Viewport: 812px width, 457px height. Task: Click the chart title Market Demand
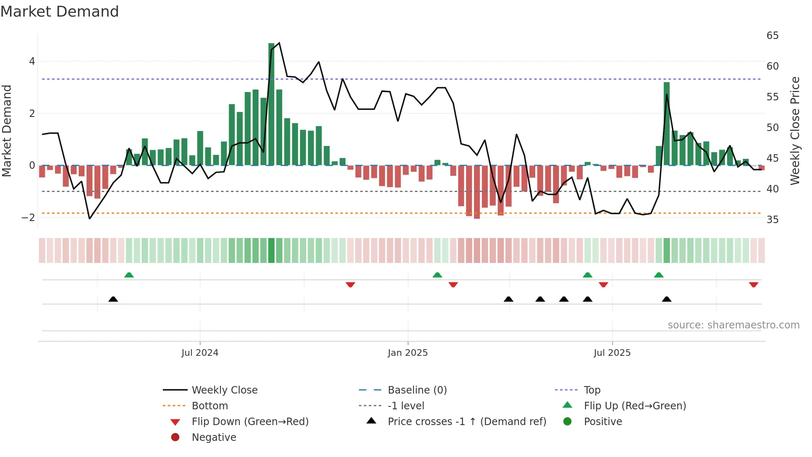(60, 12)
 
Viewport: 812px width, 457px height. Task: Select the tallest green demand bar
(271, 104)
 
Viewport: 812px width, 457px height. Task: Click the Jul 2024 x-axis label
(200, 353)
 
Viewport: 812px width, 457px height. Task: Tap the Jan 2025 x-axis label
(408, 353)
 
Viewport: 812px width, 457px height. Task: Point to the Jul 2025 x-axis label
(612, 353)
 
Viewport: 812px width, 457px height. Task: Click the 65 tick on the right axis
(772, 36)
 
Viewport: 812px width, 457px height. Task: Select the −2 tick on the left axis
(28, 218)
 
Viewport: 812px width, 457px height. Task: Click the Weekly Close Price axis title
(795, 131)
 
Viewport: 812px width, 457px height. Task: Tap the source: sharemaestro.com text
(733, 325)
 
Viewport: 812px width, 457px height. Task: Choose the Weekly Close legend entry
(224, 390)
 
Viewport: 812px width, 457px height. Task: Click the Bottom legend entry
(210, 406)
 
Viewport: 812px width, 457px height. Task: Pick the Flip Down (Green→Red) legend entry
(250, 422)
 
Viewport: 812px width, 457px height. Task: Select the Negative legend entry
(214, 438)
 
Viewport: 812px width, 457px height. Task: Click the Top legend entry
(592, 390)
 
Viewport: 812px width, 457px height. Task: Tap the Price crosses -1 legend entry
(466, 422)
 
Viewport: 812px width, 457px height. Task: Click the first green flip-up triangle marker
(129, 275)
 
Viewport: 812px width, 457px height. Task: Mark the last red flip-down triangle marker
(754, 284)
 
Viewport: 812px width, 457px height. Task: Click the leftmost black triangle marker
(113, 299)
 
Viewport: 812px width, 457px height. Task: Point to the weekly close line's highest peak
(279, 43)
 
